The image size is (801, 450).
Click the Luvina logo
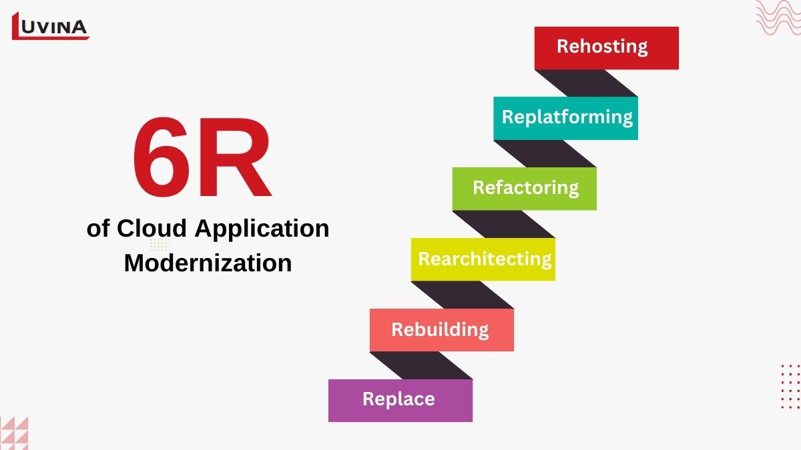[51, 26]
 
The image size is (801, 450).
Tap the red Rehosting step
[607, 48]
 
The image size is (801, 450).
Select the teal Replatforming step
[565, 118]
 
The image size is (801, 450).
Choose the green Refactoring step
[524, 189]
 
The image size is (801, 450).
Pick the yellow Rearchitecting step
[483, 259]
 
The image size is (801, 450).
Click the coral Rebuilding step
[442, 330]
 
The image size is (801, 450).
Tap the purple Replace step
[400, 401]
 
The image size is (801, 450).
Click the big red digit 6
[161, 157]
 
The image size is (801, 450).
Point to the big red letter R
[234, 157]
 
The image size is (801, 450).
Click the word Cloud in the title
[152, 228]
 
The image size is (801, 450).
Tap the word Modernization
[208, 263]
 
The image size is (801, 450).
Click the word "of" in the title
[98, 228]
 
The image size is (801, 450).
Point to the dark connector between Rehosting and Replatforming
[586, 83]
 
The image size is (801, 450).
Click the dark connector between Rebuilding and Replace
[421, 365]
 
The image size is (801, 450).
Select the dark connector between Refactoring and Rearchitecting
[504, 224]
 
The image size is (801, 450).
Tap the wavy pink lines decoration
[778, 17]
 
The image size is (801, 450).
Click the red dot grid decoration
[790, 387]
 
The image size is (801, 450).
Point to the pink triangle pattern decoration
[14, 433]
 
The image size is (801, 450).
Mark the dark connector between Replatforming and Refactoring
[545, 153]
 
